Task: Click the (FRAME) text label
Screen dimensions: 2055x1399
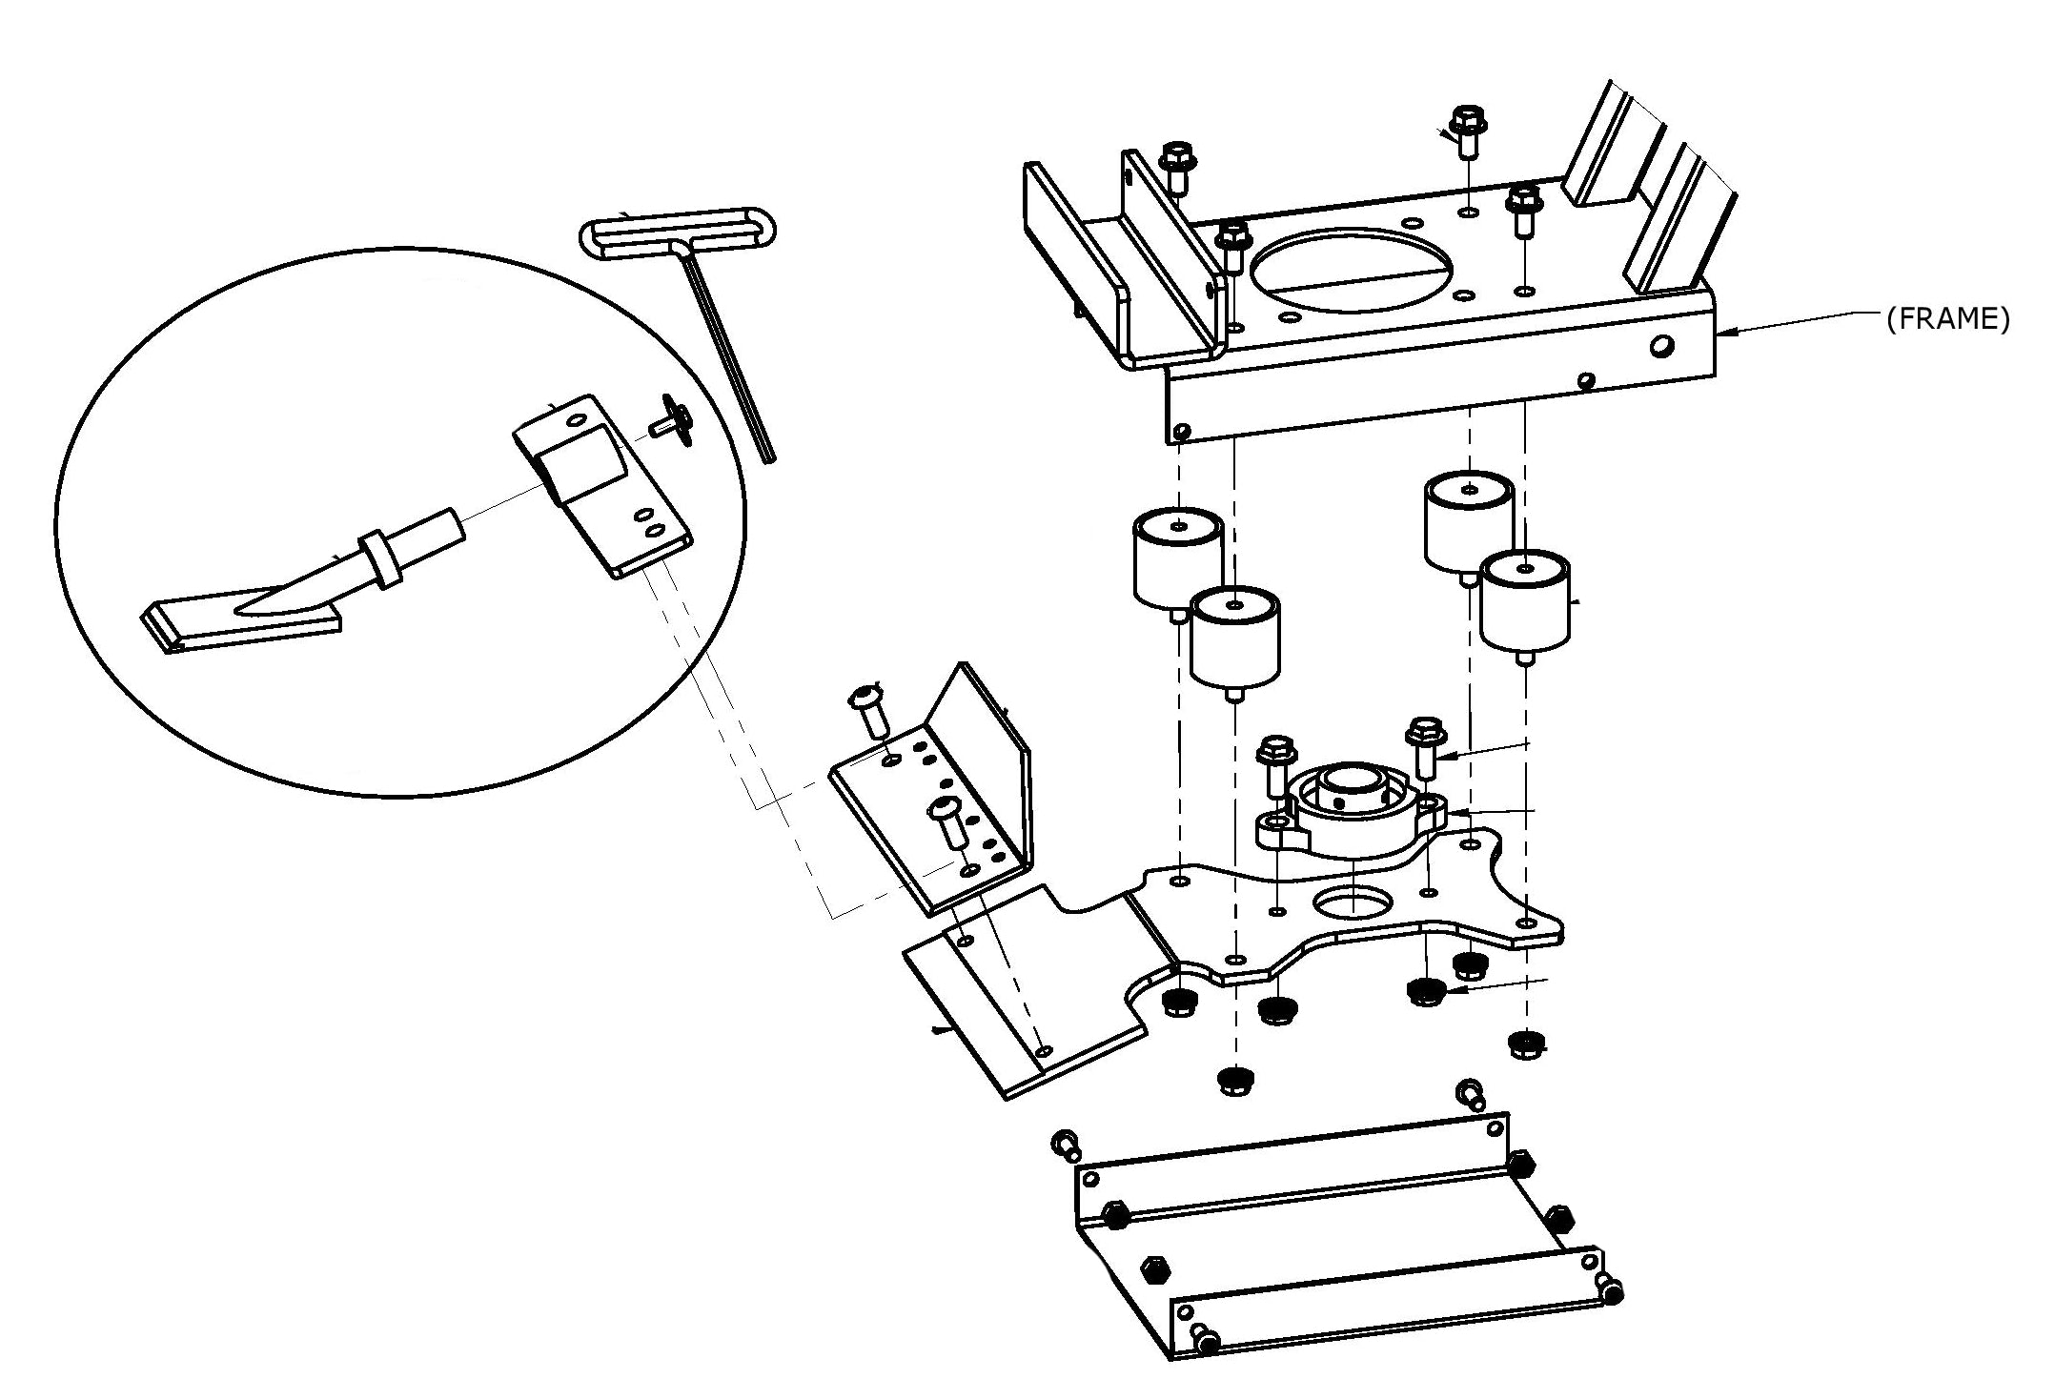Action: (x=1947, y=319)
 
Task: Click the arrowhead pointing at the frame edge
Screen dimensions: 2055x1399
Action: (x=1729, y=332)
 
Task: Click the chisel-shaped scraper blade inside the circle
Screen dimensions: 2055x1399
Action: (x=286, y=591)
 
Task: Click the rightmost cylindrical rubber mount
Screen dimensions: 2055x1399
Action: (x=1525, y=600)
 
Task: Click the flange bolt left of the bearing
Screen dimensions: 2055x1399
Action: (x=1276, y=763)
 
